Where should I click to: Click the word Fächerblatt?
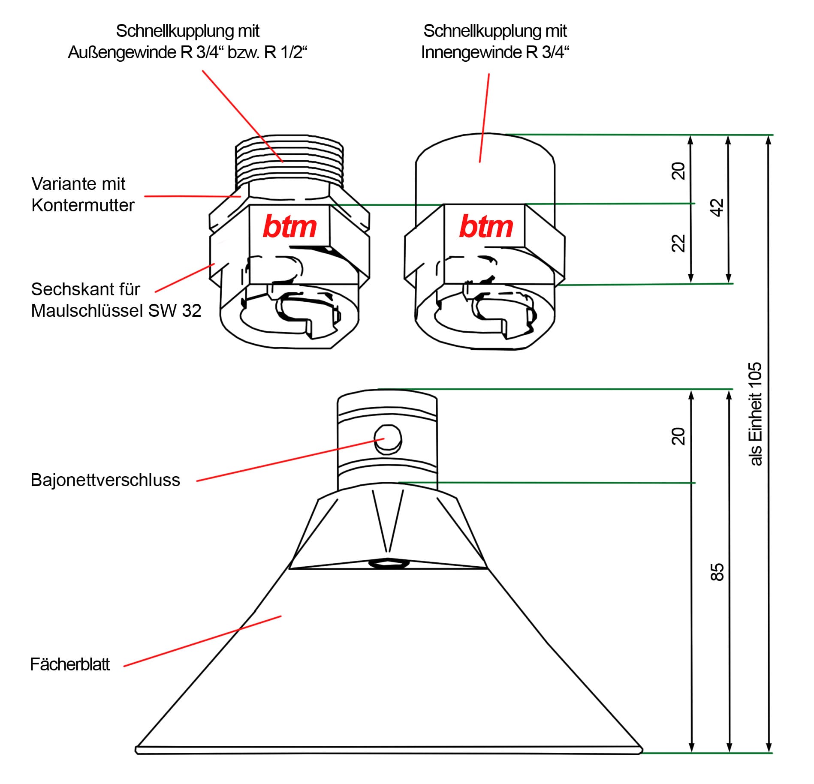click(70, 664)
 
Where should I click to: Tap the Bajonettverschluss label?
click(105, 480)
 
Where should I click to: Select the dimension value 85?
click(717, 572)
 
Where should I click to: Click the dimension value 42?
click(717, 208)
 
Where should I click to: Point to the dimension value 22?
click(678, 243)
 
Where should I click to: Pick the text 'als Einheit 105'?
click(755, 414)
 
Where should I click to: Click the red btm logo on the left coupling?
click(289, 226)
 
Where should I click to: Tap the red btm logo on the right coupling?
click(486, 226)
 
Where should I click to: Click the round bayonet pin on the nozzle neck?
click(388, 439)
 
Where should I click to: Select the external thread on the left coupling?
click(289, 159)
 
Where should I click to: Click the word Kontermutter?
click(83, 205)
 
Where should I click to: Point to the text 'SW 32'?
click(175, 311)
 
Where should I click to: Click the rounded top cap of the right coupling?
click(485, 150)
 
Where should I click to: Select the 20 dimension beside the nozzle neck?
click(678, 436)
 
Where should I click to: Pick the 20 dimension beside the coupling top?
click(678, 171)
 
